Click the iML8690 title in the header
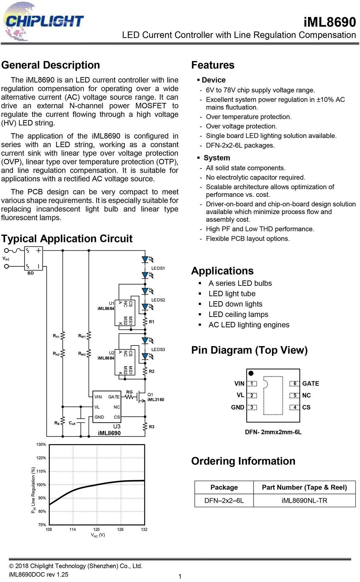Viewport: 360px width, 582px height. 330,22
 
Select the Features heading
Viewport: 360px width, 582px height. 213,65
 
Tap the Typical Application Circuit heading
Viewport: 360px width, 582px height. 67,239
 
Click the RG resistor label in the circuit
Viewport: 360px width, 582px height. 129,392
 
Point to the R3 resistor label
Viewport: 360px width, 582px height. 152,427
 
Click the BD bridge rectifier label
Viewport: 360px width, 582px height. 31,273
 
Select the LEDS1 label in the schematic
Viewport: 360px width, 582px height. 158,268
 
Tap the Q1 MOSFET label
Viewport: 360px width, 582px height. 150,394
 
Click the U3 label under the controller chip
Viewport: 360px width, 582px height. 117,426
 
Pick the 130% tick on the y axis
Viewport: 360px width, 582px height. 41,445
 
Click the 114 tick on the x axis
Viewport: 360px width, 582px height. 73,529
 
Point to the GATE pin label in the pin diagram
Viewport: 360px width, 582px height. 311,384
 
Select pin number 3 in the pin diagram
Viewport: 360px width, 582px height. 252,407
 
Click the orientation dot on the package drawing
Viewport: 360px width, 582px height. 251,373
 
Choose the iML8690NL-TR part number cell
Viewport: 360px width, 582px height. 304,500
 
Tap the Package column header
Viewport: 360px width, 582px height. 224,487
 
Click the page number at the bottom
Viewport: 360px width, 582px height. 180,576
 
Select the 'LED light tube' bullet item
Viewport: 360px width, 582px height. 232,294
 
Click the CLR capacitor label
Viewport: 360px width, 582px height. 72,423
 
